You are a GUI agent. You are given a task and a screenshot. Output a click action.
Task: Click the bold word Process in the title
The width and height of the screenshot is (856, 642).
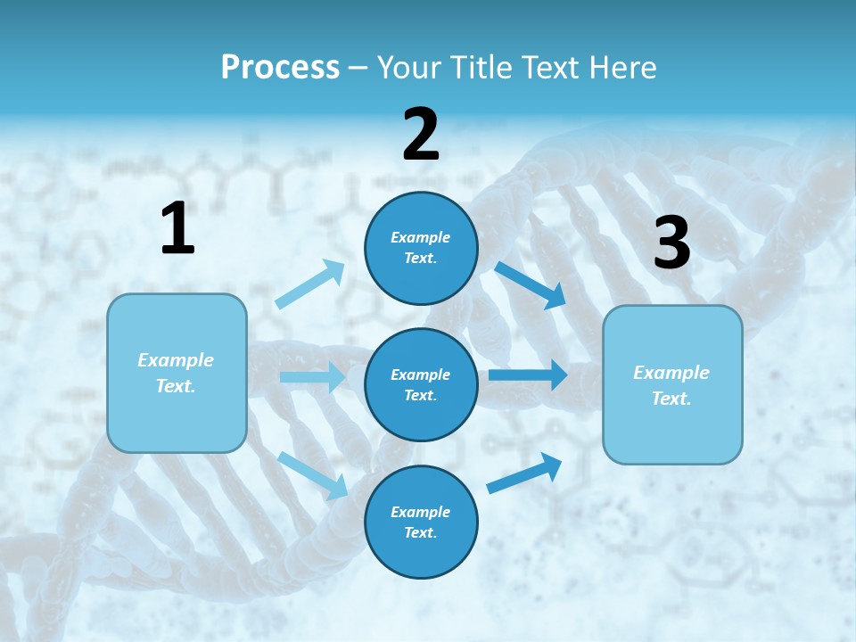click(280, 68)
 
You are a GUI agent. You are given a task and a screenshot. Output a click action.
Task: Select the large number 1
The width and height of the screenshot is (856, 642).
click(177, 229)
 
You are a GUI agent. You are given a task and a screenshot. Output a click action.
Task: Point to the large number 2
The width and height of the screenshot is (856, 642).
click(421, 136)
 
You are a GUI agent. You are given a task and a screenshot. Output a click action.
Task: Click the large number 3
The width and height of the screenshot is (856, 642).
click(671, 243)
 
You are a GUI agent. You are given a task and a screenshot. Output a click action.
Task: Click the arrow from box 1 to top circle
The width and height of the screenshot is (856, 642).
click(310, 284)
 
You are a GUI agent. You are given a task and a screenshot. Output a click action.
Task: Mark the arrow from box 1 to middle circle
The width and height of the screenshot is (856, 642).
click(311, 377)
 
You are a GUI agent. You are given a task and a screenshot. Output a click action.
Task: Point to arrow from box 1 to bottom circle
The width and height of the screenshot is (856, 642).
click(312, 474)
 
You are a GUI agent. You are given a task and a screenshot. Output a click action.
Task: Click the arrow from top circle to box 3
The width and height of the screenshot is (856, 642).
click(531, 284)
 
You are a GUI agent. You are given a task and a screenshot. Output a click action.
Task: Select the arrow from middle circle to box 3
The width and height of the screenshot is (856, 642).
click(528, 374)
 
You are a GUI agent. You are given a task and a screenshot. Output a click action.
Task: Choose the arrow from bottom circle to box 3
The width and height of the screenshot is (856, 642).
click(525, 473)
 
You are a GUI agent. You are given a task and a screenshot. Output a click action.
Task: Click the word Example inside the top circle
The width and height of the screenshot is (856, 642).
click(421, 238)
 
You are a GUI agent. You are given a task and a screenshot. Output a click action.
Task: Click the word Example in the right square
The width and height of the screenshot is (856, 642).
click(671, 373)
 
